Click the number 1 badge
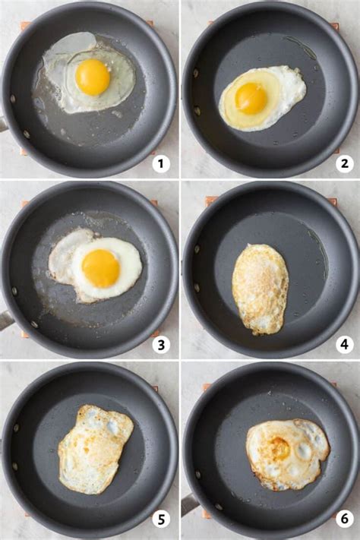pyautogui.click(x=160, y=163)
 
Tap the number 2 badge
pyautogui.click(x=344, y=163)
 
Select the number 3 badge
pyautogui.click(x=160, y=345)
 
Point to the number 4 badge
pyautogui.click(x=344, y=345)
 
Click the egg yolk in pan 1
pyautogui.click(x=93, y=77)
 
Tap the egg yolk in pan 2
pyautogui.click(x=251, y=98)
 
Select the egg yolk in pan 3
pyautogui.click(x=101, y=268)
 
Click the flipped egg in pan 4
pyautogui.click(x=261, y=289)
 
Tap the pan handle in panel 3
pyautogui.click(x=5, y=320)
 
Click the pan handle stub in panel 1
pyautogui.click(x=3, y=123)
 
